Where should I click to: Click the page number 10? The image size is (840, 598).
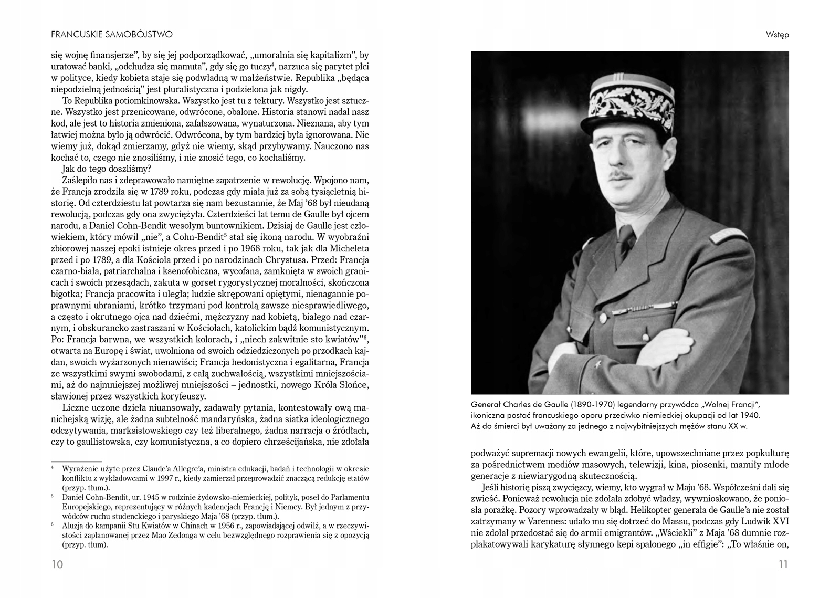click(x=57, y=564)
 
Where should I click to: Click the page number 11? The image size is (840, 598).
click(x=783, y=564)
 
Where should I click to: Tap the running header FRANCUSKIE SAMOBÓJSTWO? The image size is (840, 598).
click(x=112, y=34)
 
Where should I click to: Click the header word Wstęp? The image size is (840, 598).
click(x=777, y=35)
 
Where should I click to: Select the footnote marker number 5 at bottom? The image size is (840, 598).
click(x=52, y=496)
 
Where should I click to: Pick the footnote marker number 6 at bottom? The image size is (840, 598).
click(x=52, y=524)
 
